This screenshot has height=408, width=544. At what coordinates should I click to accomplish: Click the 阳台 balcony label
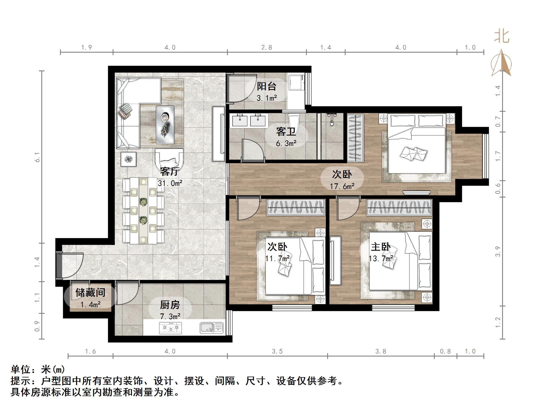267,86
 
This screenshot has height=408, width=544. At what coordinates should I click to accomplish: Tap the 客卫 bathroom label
286,132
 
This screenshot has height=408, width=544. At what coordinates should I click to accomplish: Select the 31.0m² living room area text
170,183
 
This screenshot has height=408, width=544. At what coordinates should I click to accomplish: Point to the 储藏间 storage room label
90,292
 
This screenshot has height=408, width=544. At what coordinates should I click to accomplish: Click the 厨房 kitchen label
170,305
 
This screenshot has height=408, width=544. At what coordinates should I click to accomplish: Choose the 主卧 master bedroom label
381,247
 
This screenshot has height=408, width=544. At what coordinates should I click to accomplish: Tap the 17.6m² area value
342,186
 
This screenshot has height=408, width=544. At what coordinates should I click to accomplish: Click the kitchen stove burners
170,328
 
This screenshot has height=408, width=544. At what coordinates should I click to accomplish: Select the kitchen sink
211,328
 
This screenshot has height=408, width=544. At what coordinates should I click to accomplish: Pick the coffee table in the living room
165,125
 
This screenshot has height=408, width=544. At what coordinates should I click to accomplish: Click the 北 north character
502,36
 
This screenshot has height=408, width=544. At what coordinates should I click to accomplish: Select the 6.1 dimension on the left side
37,157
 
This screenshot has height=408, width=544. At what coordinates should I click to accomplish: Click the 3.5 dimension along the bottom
277,351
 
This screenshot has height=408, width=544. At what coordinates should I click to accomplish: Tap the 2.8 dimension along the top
267,48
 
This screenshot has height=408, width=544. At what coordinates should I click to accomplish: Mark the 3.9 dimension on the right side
498,252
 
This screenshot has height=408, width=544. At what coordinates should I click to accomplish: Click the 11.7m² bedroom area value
277,258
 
